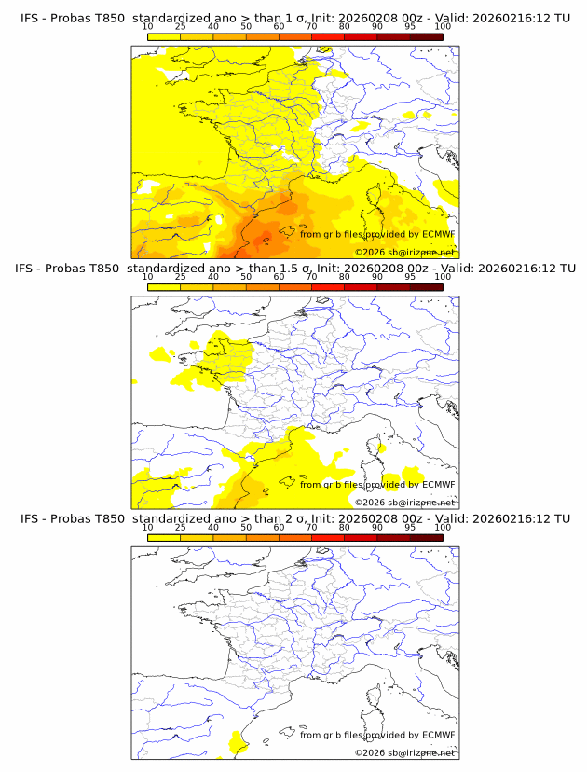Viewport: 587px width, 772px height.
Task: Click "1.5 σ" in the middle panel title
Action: point(294,269)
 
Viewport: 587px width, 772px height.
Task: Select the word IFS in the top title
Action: point(30,19)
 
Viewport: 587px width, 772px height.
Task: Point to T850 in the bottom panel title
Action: point(107,518)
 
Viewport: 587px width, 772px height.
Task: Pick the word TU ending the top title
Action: point(562,19)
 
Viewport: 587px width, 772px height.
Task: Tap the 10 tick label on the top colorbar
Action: point(147,26)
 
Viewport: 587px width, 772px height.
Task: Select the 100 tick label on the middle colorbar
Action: point(443,277)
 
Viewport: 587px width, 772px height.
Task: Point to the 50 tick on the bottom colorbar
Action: point(246,527)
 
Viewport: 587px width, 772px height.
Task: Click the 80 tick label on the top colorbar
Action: point(345,26)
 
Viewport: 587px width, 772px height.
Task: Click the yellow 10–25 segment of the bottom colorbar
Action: point(164,536)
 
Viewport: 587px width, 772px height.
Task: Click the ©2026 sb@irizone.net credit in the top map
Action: point(405,253)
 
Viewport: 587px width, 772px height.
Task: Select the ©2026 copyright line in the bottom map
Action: point(405,752)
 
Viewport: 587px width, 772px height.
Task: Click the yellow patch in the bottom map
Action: point(237,742)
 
